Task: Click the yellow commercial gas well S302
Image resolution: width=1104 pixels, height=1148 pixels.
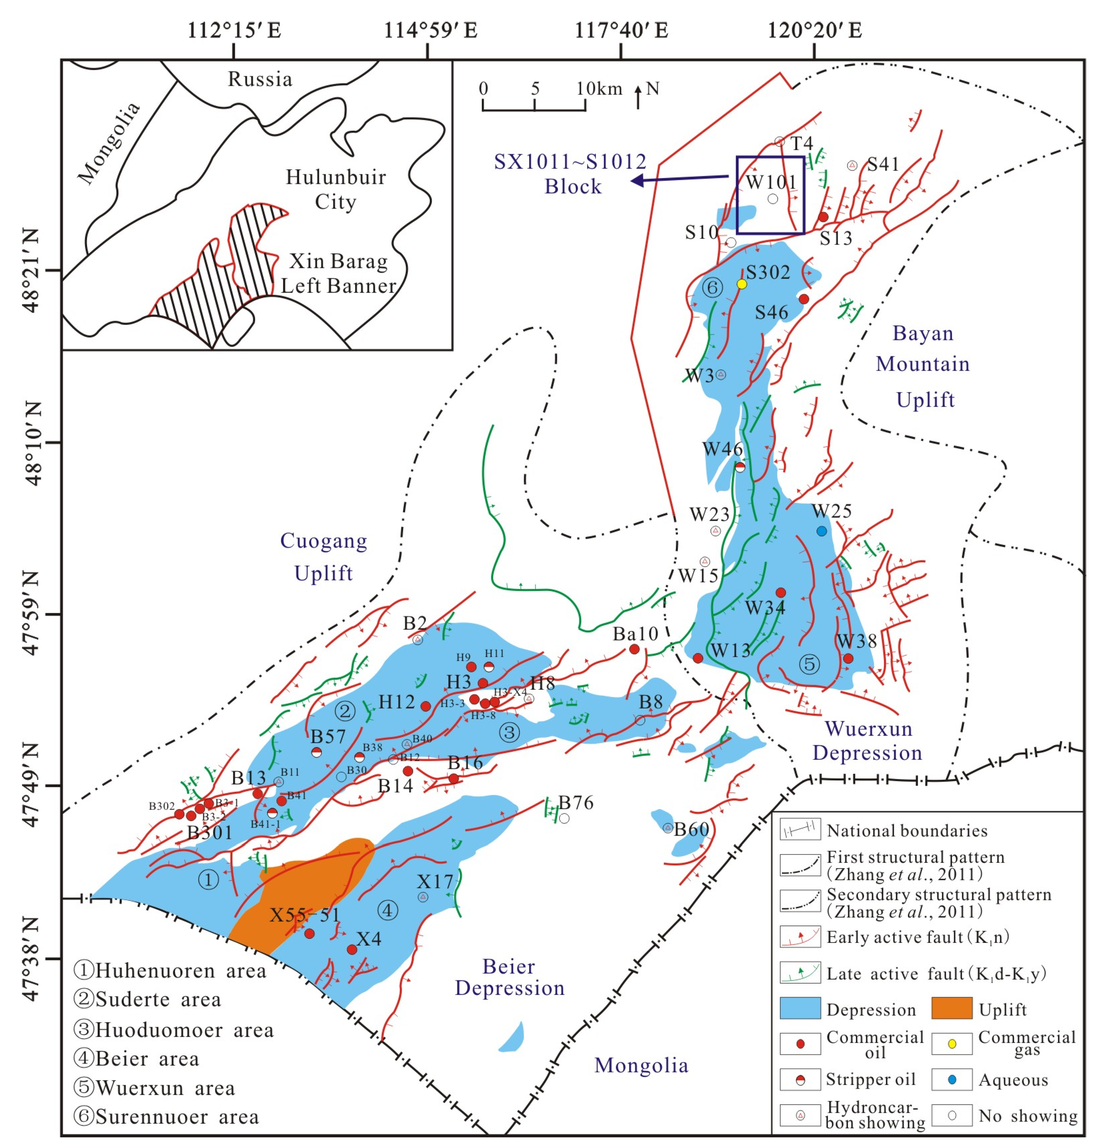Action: click(742, 284)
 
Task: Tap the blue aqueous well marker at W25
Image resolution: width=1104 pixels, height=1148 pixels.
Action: click(822, 531)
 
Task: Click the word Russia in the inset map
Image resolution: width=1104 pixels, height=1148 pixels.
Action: click(259, 79)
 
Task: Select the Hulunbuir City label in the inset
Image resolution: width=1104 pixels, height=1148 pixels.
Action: click(335, 189)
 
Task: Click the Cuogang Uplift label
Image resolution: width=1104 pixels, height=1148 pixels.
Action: click(323, 556)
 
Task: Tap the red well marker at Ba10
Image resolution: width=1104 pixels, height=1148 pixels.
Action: click(634, 649)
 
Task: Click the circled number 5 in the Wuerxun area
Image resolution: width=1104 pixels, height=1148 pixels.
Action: click(809, 664)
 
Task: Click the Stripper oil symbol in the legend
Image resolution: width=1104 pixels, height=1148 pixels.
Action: click(800, 1080)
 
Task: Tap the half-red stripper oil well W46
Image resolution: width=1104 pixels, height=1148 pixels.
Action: click(740, 467)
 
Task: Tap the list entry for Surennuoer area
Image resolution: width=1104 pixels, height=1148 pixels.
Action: click(167, 1116)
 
